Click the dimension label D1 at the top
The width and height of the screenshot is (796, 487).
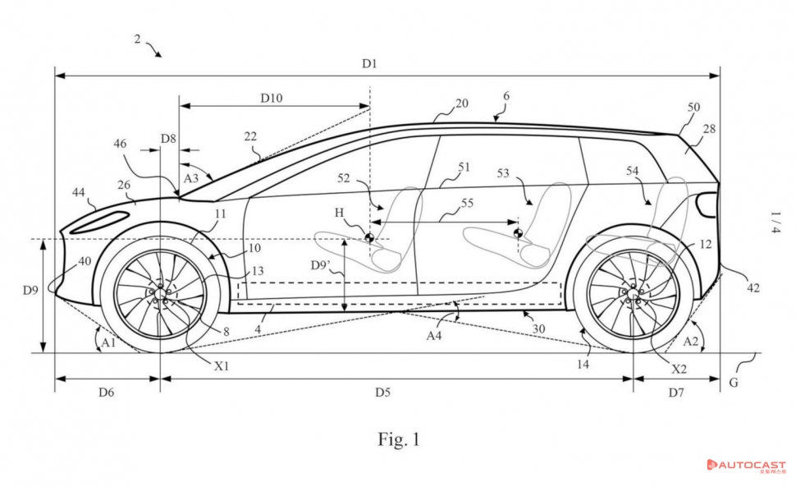pyautogui.click(x=369, y=63)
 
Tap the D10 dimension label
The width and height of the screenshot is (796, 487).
pyautogui.click(x=272, y=98)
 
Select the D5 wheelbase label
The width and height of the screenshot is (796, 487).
pyautogui.click(x=382, y=393)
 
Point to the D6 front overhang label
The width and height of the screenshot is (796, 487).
pyautogui.click(x=106, y=393)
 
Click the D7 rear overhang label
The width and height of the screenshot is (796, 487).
pyautogui.click(x=675, y=393)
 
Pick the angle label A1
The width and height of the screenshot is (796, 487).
pyautogui.click(x=106, y=338)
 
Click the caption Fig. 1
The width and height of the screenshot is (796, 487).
pyautogui.click(x=398, y=439)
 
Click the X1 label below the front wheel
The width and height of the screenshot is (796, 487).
pyautogui.click(x=222, y=366)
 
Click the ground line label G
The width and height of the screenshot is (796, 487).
pyautogui.click(x=734, y=383)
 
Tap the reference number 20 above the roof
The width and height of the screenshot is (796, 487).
pyautogui.click(x=461, y=103)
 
